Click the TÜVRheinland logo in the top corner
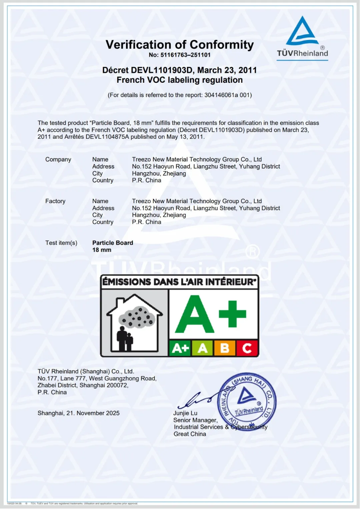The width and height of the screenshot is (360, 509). (x=302, y=38)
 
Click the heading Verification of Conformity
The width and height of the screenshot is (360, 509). (x=180, y=45)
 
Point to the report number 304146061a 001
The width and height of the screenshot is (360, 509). (x=227, y=95)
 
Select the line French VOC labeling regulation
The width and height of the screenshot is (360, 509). (x=180, y=80)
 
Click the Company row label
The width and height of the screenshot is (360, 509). (x=58, y=159)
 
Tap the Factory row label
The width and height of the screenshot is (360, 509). (x=55, y=201)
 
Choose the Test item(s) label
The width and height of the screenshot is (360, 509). (x=61, y=243)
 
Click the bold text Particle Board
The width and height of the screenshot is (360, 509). (x=113, y=243)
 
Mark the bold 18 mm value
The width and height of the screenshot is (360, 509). (x=102, y=250)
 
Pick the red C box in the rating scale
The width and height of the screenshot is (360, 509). (x=247, y=348)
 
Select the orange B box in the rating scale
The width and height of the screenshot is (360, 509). (x=225, y=348)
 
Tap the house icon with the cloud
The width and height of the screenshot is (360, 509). (x=135, y=322)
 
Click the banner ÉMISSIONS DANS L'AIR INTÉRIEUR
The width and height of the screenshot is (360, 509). (x=179, y=282)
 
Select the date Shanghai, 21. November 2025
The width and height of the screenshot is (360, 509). (x=79, y=413)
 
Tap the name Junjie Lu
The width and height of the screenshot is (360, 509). (x=185, y=413)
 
